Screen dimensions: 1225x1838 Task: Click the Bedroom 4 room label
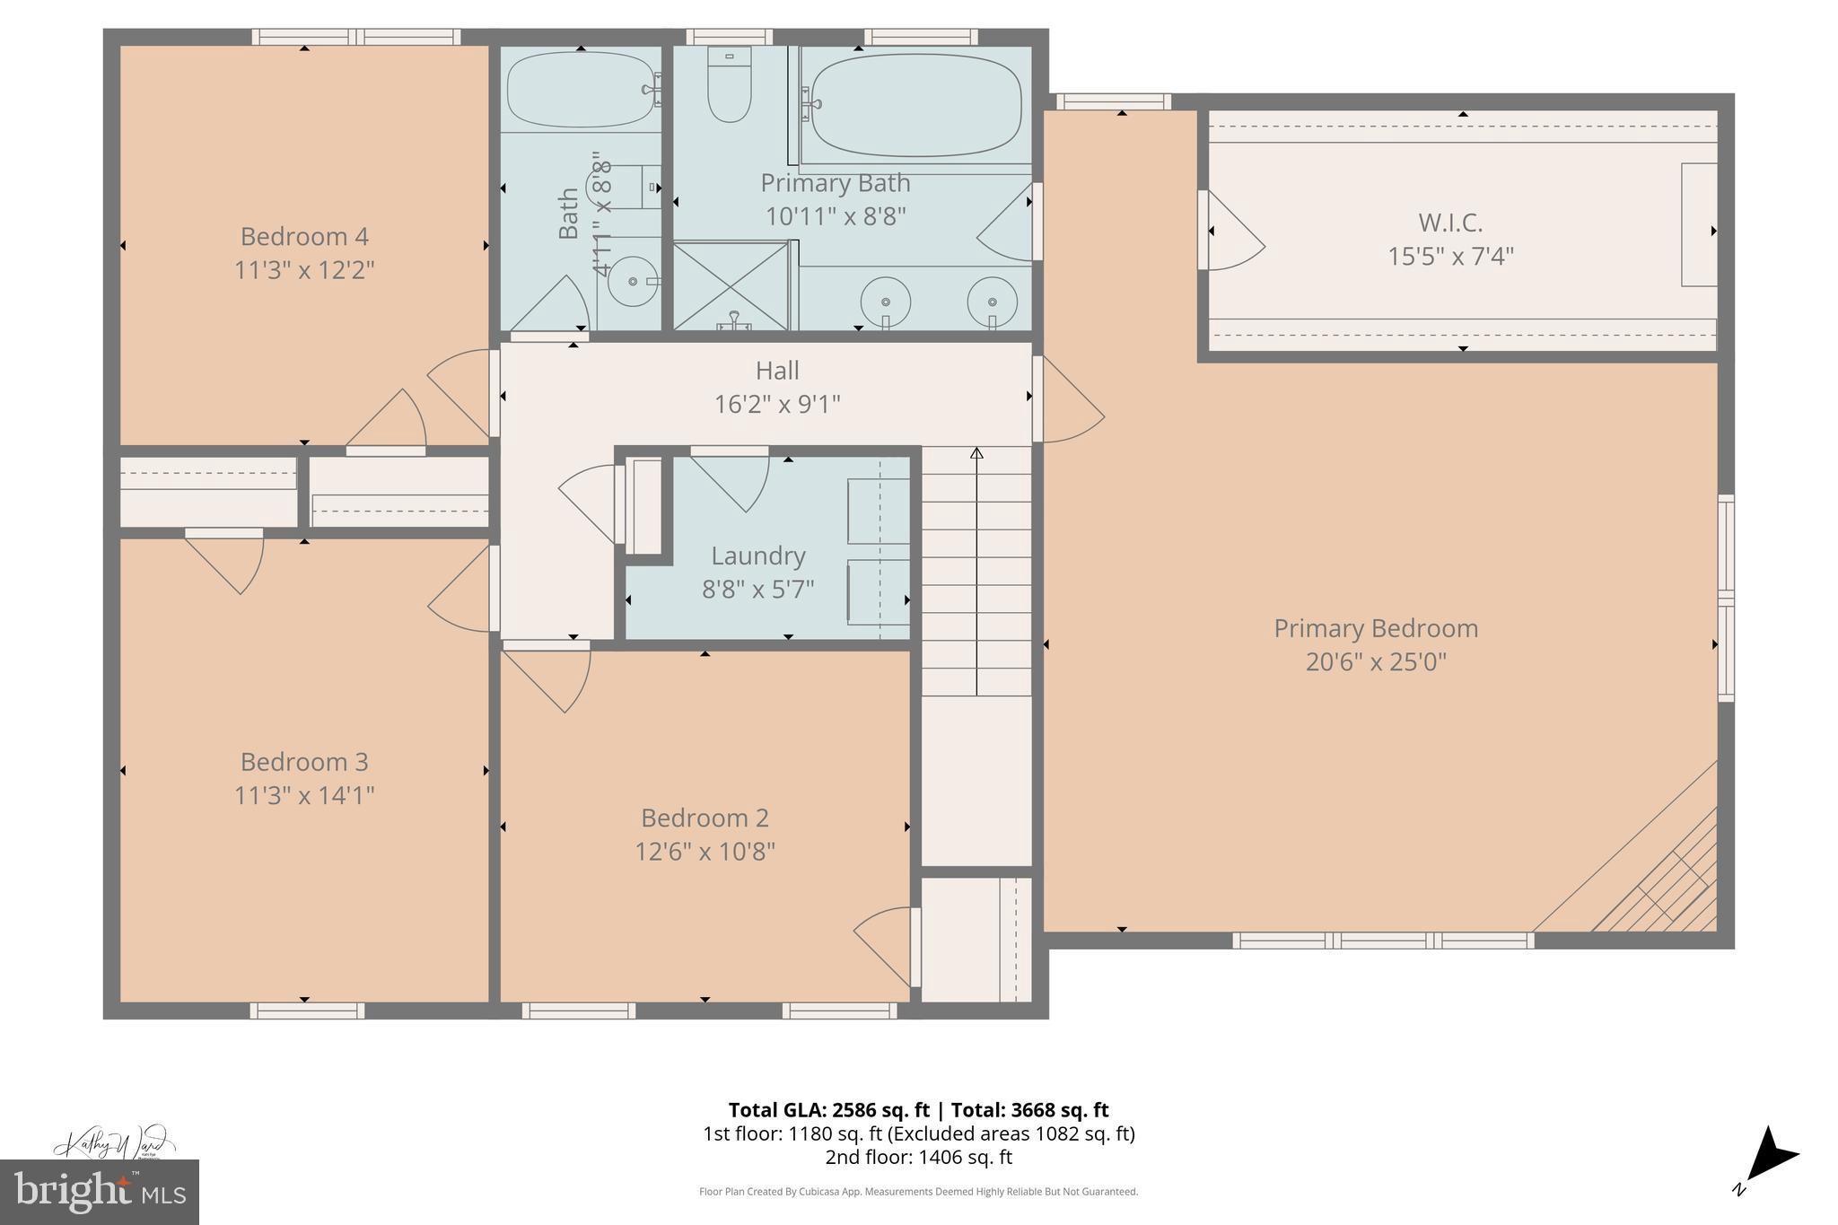304,237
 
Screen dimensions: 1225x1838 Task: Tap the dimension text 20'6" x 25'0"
1376,662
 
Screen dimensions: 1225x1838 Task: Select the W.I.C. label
1450,222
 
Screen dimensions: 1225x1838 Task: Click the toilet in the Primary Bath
729,85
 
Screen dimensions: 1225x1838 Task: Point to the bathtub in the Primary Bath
915,104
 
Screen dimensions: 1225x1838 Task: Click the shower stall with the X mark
731,286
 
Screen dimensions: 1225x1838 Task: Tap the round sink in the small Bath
633,283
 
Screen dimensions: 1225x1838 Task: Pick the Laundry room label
758,556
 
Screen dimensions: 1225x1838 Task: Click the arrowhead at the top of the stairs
976,453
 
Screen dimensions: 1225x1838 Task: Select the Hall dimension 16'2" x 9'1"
777,405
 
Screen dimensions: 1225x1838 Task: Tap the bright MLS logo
100,1192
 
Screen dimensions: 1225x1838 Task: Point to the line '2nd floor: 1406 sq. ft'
918,1158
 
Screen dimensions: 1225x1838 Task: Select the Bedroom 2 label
705,818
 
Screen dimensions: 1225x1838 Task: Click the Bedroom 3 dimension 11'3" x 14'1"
304,796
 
